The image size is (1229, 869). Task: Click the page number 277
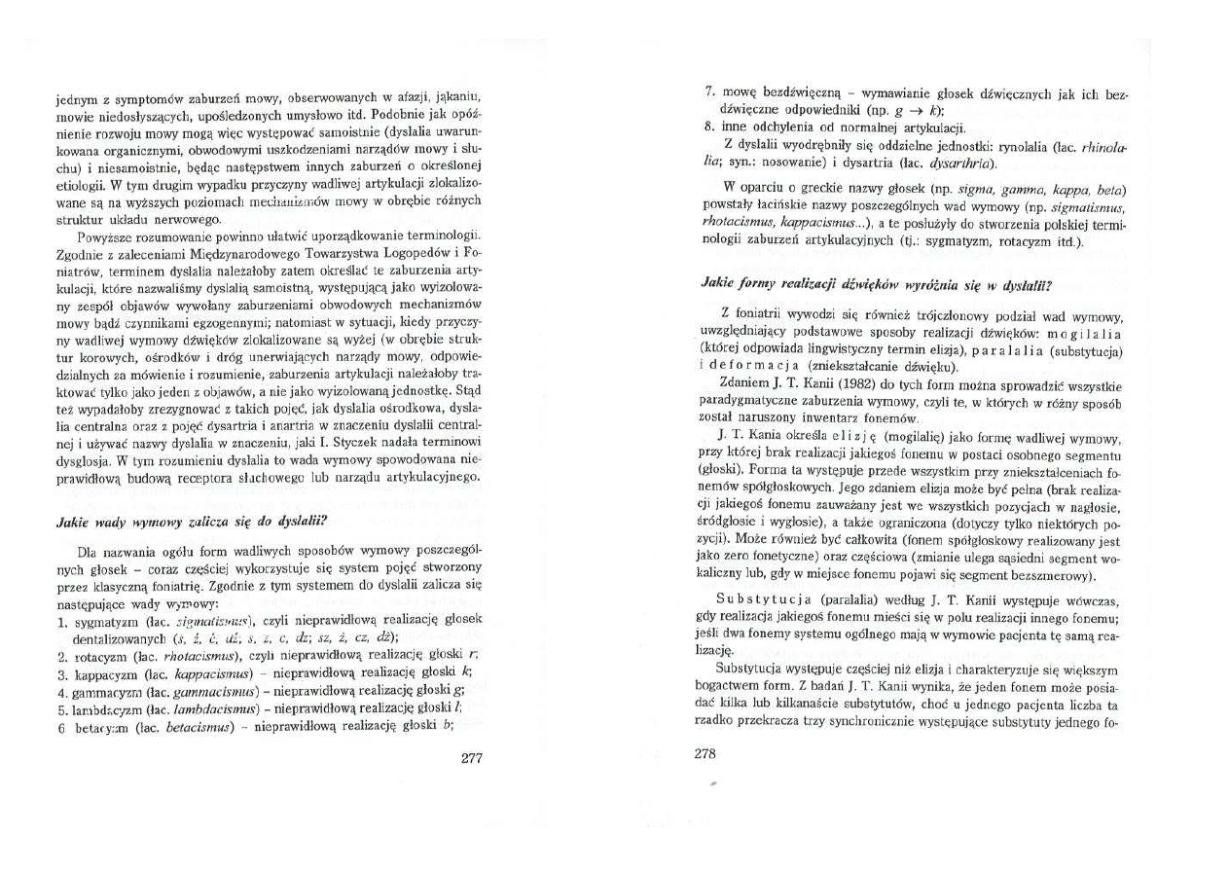pos(471,758)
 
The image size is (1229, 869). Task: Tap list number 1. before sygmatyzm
pos(62,621)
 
